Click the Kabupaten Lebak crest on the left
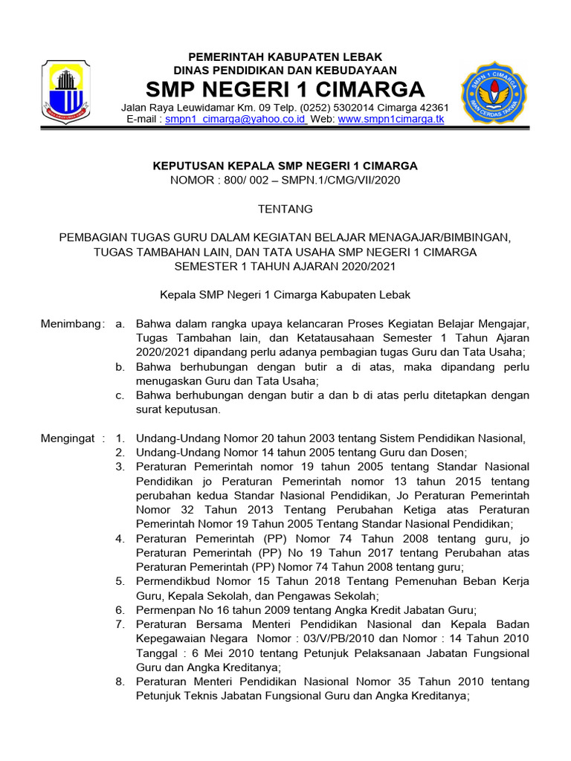click(65, 91)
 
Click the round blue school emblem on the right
click(496, 92)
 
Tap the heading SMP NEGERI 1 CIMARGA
click(285, 91)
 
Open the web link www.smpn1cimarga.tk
click(391, 119)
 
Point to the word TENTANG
click(285, 209)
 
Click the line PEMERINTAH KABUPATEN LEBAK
click(285, 57)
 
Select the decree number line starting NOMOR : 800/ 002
click(285, 180)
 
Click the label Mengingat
click(68, 438)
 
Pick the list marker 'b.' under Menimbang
click(120, 367)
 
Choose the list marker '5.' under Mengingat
click(120, 581)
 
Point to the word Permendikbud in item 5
click(172, 581)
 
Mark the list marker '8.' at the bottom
click(120, 681)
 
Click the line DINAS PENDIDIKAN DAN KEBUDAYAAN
click(285, 71)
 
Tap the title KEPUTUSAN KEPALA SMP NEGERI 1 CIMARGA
click(285, 166)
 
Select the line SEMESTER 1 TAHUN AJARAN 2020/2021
click(285, 266)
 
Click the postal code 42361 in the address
click(433, 108)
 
